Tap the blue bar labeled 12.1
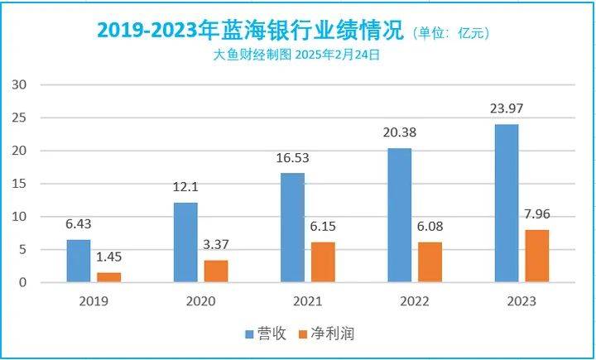[185, 242]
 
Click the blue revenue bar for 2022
[399, 215]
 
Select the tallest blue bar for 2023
[506, 204]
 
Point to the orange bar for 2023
[536, 257]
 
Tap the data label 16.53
[293, 158]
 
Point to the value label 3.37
[217, 245]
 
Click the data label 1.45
[110, 257]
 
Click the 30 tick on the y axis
[21, 85]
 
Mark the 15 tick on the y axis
[21, 184]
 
